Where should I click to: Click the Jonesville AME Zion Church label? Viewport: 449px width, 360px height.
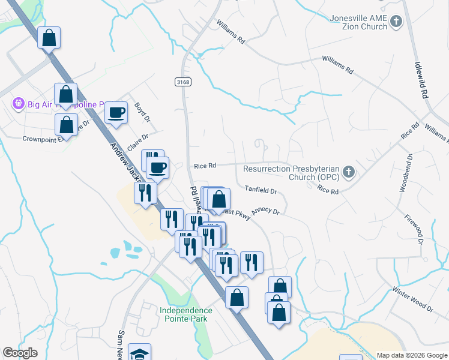pos(358,22)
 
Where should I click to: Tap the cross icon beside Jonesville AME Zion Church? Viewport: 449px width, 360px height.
pos(396,22)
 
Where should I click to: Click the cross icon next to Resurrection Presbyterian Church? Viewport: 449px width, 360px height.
pos(348,173)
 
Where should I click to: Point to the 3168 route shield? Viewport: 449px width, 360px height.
pos(184,82)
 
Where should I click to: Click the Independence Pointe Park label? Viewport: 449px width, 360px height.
pos(186,314)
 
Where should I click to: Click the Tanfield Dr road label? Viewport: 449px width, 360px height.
pos(261,191)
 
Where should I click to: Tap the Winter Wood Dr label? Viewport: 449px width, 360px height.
pos(412,299)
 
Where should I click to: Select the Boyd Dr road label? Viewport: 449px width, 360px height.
pos(142,112)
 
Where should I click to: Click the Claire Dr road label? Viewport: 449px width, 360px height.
pos(137,140)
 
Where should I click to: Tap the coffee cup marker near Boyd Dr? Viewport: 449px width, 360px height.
pos(116,112)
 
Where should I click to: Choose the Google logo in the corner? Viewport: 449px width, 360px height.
pos(20,353)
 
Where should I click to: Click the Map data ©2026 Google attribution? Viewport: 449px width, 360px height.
pos(412,355)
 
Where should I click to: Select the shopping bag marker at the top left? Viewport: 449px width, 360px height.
pos(49,38)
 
